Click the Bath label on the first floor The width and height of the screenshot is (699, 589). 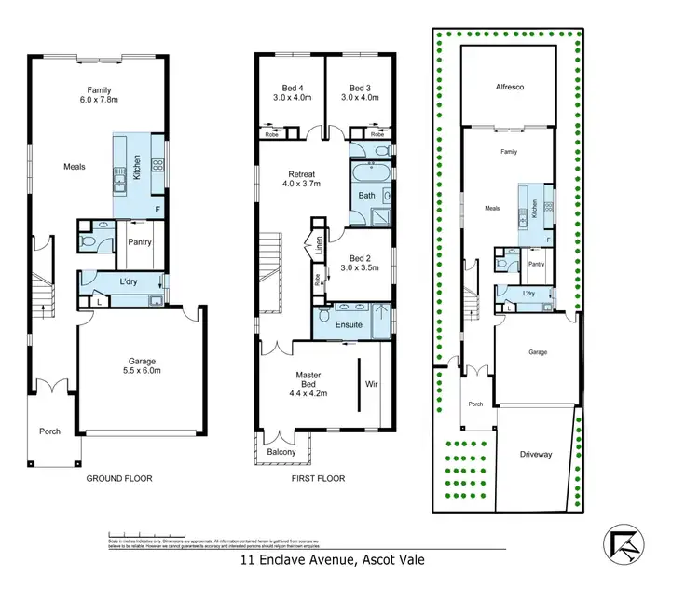point(366,195)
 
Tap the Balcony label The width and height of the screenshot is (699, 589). point(281,452)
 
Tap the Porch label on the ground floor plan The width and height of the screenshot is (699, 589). point(48,431)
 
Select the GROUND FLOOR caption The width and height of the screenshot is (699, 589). point(119,479)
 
